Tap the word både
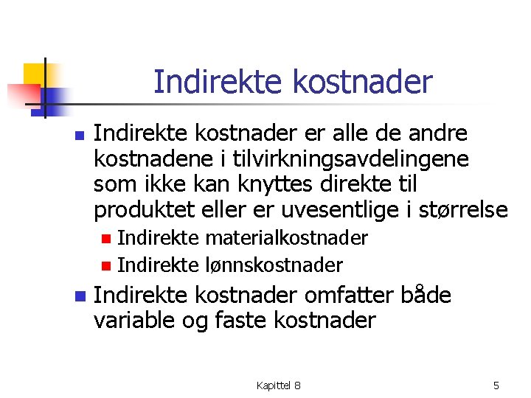click(x=426, y=296)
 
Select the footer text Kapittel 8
click(x=278, y=385)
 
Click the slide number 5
click(x=496, y=385)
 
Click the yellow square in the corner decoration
click(x=35, y=74)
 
